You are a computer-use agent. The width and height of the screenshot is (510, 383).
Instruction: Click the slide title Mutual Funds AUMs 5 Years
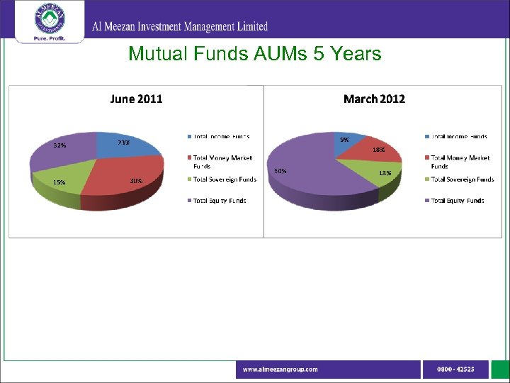coord(254,54)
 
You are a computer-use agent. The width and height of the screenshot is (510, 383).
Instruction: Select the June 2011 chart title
coord(136,99)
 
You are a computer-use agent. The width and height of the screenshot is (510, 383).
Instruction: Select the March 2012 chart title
coord(374,99)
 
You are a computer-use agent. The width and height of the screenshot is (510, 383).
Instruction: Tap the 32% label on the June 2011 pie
coord(60,145)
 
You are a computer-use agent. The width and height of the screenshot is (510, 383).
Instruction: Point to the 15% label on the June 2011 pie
coord(59,182)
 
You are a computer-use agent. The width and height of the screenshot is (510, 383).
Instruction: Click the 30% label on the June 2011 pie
coord(136,181)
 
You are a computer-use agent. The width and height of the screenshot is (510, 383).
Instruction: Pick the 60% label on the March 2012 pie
coord(280,171)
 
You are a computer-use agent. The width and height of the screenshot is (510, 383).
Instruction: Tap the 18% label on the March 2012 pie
coord(379,150)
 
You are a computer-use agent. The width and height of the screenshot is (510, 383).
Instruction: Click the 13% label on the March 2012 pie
coord(385,172)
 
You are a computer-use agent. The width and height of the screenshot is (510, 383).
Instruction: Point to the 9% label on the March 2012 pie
coord(344,140)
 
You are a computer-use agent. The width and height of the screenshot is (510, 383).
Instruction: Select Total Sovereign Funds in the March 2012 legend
coord(462,179)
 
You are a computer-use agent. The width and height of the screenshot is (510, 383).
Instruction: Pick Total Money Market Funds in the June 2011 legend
coord(222,162)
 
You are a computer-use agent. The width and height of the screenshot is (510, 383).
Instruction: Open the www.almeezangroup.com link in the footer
coord(280,369)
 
